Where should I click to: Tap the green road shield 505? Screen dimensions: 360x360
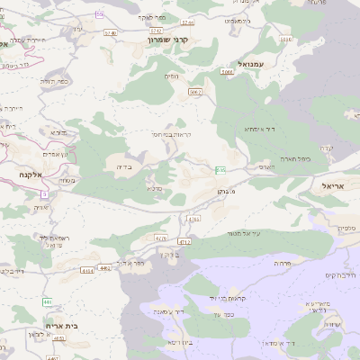(x=220, y=170)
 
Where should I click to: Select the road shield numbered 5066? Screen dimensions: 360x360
(x=226, y=70)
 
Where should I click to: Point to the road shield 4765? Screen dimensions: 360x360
(x=193, y=219)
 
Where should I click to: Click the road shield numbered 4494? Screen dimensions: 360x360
(x=88, y=270)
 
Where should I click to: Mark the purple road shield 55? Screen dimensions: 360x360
(x=98, y=15)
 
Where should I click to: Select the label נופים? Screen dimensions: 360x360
(x=170, y=76)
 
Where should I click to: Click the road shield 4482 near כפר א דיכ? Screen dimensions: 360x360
(x=105, y=267)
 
